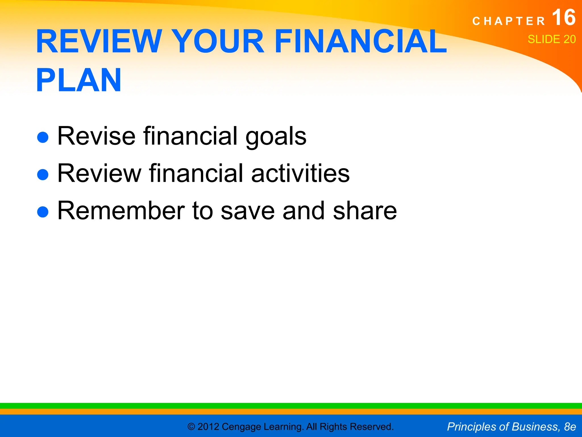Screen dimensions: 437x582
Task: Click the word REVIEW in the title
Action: (x=99, y=42)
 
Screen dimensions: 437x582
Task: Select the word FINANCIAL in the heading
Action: (x=361, y=42)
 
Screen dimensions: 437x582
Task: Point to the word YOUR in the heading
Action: (x=219, y=42)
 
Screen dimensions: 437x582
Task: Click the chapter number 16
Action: (x=564, y=18)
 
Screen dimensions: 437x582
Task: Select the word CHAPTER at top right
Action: (x=509, y=21)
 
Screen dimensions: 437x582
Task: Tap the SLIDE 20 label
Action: (x=552, y=39)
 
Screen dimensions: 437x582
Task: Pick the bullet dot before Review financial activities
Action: (x=43, y=174)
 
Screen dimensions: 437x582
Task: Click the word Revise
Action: (x=97, y=136)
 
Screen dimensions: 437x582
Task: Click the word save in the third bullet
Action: (x=248, y=211)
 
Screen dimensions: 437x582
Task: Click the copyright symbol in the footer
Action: (x=191, y=427)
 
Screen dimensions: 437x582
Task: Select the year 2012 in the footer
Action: (x=208, y=427)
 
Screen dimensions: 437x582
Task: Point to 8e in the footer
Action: (x=570, y=427)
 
